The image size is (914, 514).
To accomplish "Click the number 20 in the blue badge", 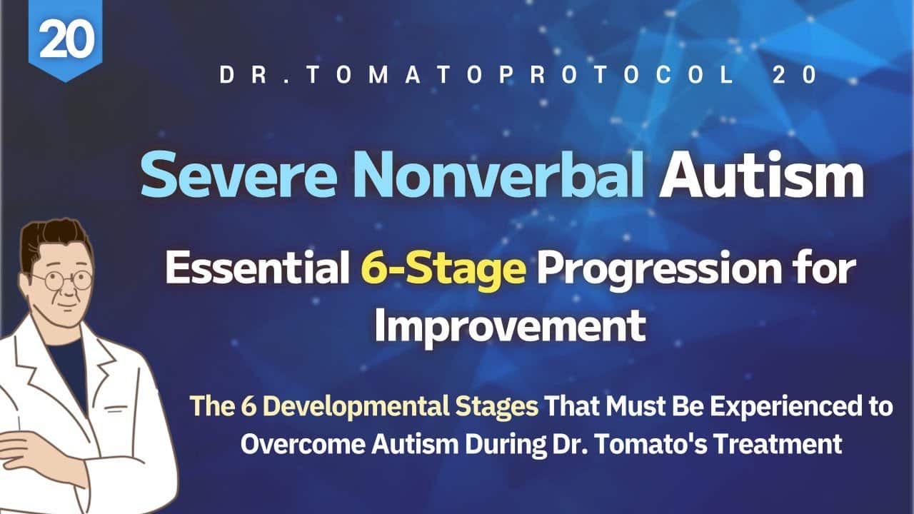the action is [66, 39].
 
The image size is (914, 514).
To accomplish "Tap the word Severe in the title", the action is [238, 174].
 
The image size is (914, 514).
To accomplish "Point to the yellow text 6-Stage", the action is [443, 269].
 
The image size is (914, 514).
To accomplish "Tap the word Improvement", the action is [510, 326].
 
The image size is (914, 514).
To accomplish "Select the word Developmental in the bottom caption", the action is [356, 407].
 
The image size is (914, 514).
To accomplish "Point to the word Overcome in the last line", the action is [303, 443].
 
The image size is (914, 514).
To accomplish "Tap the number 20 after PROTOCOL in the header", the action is [795, 75].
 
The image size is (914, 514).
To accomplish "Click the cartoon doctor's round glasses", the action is [62, 281].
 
